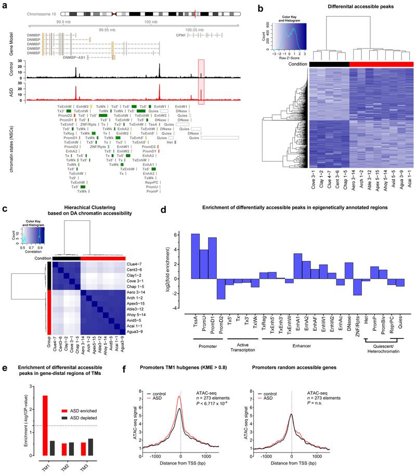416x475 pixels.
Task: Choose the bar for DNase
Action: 349,270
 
